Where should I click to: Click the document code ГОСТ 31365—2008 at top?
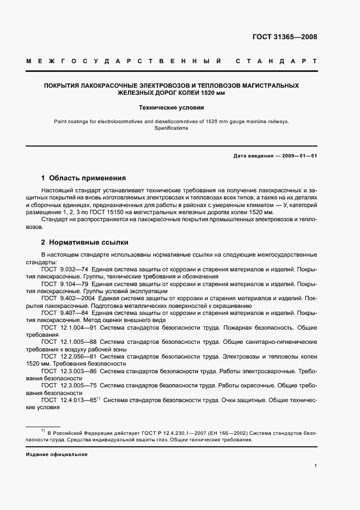tap(284, 37)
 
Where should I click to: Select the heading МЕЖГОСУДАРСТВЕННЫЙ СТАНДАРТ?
tap(172, 62)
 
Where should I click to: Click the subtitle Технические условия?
tap(171, 107)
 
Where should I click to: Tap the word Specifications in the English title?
tap(171, 129)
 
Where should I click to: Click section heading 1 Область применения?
tap(83, 178)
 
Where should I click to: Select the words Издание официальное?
tap(57, 454)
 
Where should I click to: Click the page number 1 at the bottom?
tap(315, 466)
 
